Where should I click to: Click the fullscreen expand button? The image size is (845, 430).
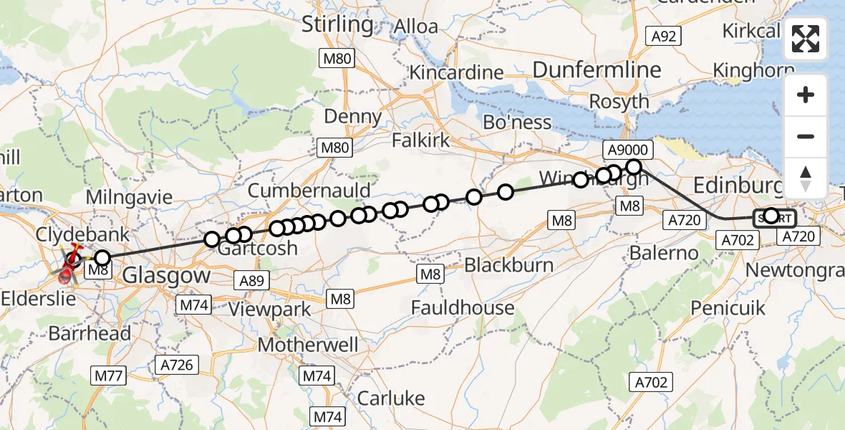point(806,39)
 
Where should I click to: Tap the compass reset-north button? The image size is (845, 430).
point(806,178)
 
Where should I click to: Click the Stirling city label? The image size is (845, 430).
point(337,25)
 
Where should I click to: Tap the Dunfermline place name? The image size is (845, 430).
point(597,70)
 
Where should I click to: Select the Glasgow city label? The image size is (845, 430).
point(167,275)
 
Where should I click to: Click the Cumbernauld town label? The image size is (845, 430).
point(309,191)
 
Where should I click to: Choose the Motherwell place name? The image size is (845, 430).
point(308,345)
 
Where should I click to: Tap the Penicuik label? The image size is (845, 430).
point(728,308)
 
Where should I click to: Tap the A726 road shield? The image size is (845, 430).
point(176,365)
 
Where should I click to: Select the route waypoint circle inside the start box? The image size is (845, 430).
point(771,216)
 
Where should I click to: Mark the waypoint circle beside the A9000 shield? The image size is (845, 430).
point(634,167)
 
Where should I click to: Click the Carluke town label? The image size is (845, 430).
point(390,398)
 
